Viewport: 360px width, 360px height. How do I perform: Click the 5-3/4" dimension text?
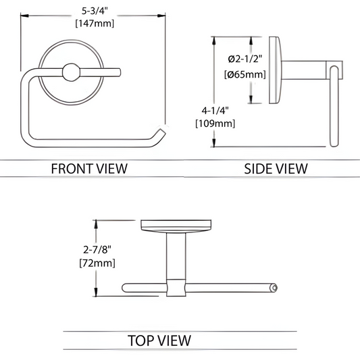(95, 11)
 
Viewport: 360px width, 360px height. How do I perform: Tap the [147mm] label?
(95, 24)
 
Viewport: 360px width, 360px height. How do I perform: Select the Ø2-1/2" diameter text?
(245, 59)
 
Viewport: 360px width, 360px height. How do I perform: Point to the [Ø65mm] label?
(245, 74)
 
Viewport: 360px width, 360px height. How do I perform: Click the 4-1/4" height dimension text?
(215, 111)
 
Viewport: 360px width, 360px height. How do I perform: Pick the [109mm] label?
(215, 124)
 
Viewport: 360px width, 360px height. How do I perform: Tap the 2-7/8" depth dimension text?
(97, 249)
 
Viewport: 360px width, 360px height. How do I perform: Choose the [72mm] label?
(97, 263)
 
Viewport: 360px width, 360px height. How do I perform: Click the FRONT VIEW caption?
(89, 169)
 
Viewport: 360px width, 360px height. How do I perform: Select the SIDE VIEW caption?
(276, 169)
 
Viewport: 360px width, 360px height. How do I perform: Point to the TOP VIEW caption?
(159, 340)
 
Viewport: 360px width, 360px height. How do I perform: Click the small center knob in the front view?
(71, 72)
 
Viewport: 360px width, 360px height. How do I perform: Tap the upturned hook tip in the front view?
(161, 132)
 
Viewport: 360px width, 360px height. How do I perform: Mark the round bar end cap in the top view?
(274, 288)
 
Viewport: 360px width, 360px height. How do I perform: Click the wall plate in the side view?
(275, 70)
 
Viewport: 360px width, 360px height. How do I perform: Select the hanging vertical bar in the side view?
(334, 106)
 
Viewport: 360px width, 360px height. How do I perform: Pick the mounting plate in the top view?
(176, 226)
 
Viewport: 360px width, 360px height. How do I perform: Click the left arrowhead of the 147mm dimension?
(24, 16)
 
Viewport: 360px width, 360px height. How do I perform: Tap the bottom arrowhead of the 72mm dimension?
(96, 292)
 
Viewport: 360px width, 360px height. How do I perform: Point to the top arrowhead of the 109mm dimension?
(214, 41)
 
